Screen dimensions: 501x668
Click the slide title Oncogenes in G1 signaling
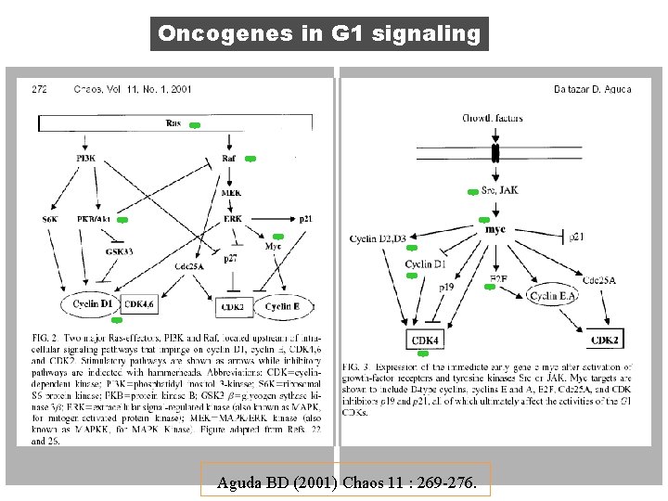click(319, 34)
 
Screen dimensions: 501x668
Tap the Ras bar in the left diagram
click(173, 122)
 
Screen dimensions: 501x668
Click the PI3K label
click(86, 159)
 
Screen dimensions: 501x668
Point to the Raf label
click(229, 160)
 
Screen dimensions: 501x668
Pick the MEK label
click(232, 192)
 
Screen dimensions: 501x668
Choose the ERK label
click(233, 218)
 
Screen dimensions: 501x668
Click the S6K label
click(50, 219)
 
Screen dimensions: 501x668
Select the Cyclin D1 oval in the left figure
click(93, 303)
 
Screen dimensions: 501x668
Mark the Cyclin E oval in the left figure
click(282, 306)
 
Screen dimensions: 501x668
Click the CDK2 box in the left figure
click(233, 306)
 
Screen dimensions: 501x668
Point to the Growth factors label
click(494, 119)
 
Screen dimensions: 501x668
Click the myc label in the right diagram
click(495, 228)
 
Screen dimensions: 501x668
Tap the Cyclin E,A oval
click(552, 296)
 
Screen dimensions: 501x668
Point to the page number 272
click(40, 89)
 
